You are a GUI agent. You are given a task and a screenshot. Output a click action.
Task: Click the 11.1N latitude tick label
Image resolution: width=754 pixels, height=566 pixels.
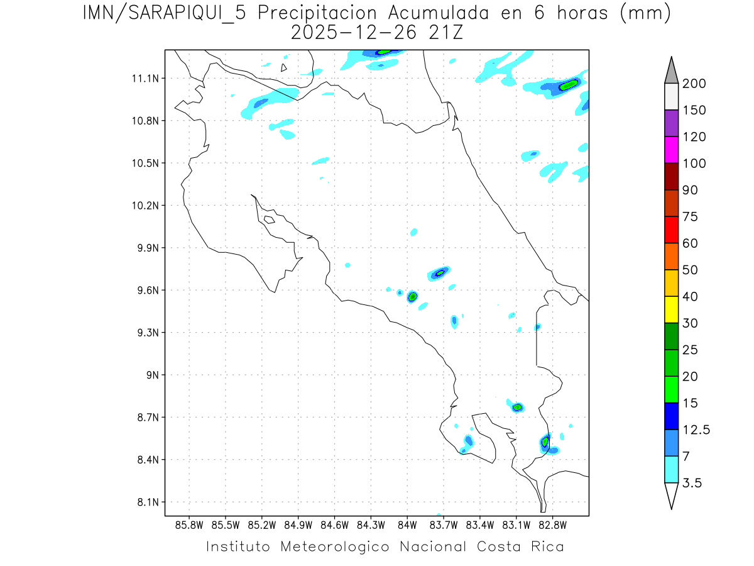click(x=143, y=79)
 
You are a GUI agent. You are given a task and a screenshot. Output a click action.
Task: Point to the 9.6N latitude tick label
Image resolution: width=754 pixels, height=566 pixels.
click(x=146, y=291)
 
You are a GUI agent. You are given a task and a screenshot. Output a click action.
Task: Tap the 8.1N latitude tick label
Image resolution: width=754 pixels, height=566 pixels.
click(x=146, y=502)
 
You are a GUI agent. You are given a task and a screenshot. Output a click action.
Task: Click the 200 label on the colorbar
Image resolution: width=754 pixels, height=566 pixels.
click(x=694, y=84)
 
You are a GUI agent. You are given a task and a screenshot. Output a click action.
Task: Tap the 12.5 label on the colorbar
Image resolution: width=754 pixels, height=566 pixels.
click(x=697, y=430)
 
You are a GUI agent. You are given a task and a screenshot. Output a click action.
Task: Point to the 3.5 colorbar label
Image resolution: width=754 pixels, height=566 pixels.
click(x=692, y=483)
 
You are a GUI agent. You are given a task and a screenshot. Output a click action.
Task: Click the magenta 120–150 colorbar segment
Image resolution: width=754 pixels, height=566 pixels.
click(x=671, y=150)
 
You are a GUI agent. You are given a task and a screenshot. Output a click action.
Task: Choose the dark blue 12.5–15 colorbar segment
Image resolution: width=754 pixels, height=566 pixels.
click(x=671, y=416)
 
